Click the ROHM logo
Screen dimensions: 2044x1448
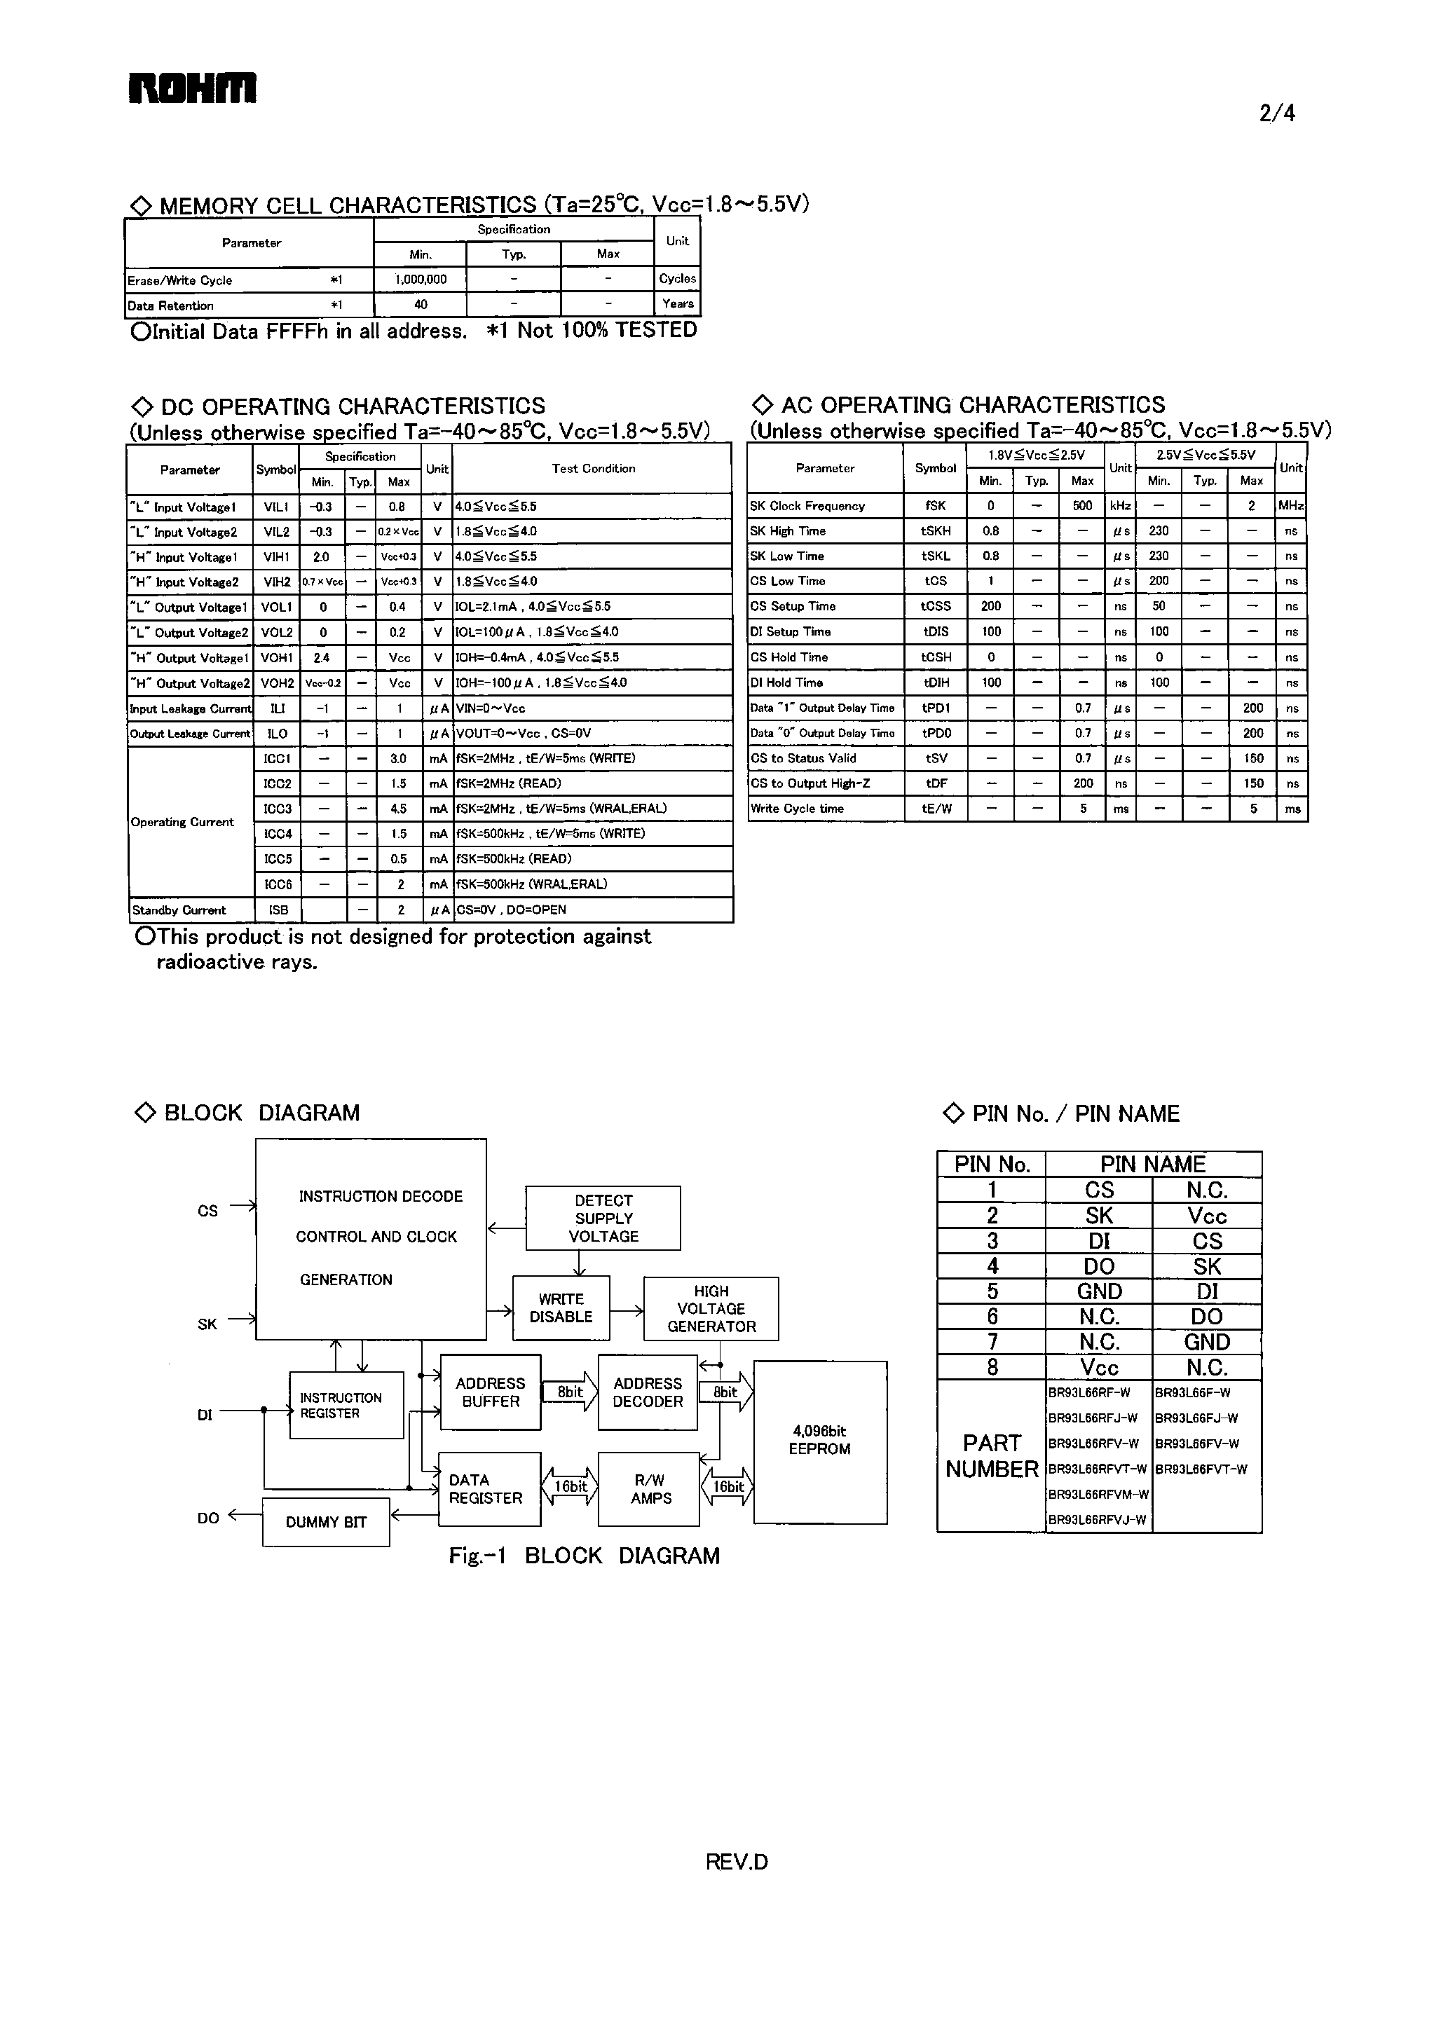[x=193, y=88]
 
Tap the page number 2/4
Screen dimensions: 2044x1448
[x=1277, y=114]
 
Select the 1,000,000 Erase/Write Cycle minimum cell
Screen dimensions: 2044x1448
[x=420, y=279]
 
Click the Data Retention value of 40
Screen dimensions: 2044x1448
[x=420, y=304]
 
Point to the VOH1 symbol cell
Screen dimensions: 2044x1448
[x=276, y=658]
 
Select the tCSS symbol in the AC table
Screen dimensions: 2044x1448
[x=936, y=606]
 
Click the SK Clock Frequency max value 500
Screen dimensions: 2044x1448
[x=1081, y=505]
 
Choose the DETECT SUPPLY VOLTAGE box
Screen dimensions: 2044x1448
[x=603, y=1218]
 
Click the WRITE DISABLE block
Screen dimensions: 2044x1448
[x=561, y=1308]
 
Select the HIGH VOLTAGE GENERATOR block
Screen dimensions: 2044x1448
[x=711, y=1308]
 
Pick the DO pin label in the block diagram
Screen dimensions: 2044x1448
[x=207, y=1517]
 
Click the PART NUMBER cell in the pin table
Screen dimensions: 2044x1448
[x=992, y=1455]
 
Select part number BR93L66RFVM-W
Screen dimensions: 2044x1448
[x=1098, y=1494]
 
